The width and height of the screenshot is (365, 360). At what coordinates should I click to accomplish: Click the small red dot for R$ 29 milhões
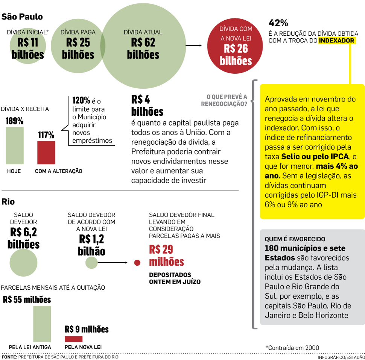[137, 263]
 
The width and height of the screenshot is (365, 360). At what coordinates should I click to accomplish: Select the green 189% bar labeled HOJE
[15, 145]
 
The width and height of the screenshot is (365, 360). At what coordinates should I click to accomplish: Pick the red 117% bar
[46, 153]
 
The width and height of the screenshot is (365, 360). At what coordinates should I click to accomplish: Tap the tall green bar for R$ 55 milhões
[42, 324]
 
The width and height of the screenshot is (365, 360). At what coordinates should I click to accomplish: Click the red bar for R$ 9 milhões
[73, 339]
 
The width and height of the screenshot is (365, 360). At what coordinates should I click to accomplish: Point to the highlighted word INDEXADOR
[336, 41]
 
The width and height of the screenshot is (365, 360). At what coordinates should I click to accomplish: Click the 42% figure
[278, 23]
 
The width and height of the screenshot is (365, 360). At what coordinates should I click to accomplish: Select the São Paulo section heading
[22, 17]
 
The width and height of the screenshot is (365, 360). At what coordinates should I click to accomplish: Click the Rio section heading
[8, 202]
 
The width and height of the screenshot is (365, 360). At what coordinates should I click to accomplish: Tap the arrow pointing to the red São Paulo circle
[194, 46]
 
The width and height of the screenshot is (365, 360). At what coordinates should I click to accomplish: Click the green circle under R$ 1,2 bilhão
[91, 263]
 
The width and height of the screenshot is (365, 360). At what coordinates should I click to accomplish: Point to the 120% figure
[81, 100]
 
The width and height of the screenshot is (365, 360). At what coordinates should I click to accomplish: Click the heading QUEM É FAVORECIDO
[295, 239]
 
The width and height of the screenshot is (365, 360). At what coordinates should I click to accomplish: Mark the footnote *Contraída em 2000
[292, 348]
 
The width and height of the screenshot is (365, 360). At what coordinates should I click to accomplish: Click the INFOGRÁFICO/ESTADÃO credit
[341, 357]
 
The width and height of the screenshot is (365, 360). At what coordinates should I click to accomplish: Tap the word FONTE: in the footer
[9, 357]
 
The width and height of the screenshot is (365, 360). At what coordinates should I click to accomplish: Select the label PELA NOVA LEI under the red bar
[83, 347]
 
